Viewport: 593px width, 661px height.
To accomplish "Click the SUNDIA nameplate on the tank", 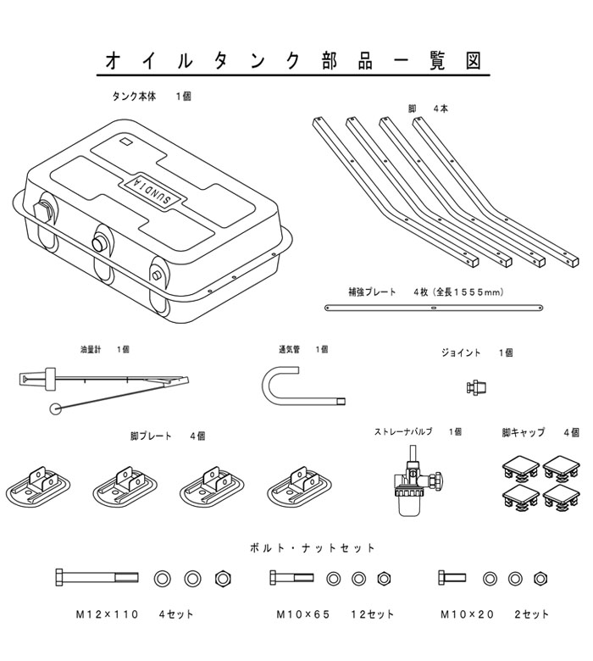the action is pyautogui.click(x=152, y=190).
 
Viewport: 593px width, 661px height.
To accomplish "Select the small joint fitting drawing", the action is pyautogui.click(x=477, y=386).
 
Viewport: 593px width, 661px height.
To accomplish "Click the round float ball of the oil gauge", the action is pyautogui.click(x=55, y=408).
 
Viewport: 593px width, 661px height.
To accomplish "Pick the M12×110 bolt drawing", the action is pyautogui.click(x=97, y=578).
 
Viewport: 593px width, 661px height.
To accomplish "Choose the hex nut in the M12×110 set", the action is pyautogui.click(x=223, y=578).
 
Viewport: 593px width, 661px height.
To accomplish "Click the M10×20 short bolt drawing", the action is pyautogui.click(x=452, y=578).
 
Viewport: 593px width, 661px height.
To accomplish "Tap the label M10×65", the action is pyautogui.click(x=302, y=614).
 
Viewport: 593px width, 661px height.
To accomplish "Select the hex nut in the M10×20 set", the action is pyautogui.click(x=540, y=578).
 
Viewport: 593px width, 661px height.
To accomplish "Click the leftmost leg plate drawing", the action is pyautogui.click(x=38, y=486).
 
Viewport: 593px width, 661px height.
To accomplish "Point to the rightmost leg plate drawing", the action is pyautogui.click(x=299, y=486).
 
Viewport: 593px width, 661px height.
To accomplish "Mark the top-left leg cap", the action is pyautogui.click(x=520, y=467).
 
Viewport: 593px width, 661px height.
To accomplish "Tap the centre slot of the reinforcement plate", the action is pyautogui.click(x=434, y=308).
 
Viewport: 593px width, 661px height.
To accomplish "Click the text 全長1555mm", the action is pyautogui.click(x=469, y=292).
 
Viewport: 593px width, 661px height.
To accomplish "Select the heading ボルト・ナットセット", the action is pyautogui.click(x=312, y=548).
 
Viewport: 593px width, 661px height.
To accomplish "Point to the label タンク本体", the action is pyautogui.click(x=134, y=97).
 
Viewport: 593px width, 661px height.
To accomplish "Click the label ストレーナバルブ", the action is pyautogui.click(x=403, y=431).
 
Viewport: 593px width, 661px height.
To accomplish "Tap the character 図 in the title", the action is pyautogui.click(x=474, y=61).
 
